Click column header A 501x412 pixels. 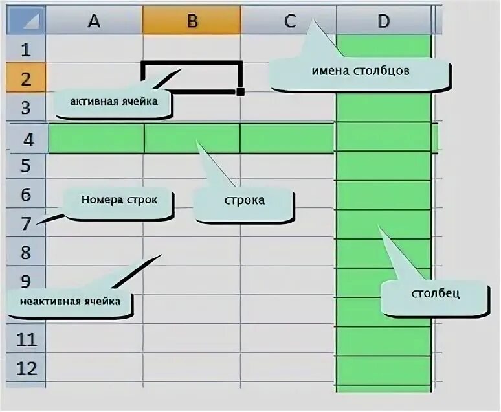(95, 21)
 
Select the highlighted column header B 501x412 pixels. (192, 21)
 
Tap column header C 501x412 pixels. (289, 21)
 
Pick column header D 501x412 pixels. (384, 21)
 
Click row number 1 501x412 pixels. (26, 49)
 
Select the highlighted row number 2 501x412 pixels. (26, 79)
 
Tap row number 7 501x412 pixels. (26, 223)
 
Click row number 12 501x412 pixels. (26, 369)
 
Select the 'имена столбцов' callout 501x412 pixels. (359, 73)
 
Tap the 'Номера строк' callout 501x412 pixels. (119, 200)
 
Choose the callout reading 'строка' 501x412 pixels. (244, 201)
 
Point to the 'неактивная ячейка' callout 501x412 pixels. (70, 302)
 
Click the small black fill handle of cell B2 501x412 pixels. (240, 92)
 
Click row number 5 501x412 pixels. (26, 166)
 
